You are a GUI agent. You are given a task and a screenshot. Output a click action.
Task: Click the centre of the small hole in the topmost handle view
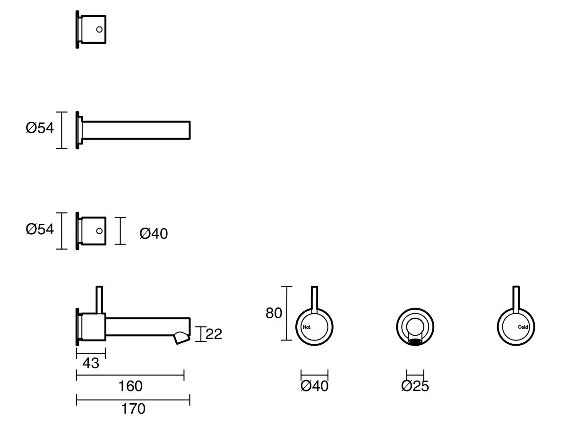click(x=99, y=29)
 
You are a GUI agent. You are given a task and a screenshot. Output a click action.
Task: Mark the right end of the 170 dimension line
click(x=189, y=400)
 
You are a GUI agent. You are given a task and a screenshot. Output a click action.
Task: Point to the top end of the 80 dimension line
click(x=287, y=287)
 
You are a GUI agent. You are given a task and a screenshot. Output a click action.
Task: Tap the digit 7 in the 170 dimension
click(x=133, y=409)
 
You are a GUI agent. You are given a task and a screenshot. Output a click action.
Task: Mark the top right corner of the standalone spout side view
click(x=190, y=121)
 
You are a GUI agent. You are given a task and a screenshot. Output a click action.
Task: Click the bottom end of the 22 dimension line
click(x=201, y=341)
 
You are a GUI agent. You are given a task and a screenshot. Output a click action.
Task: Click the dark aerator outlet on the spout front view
click(x=415, y=342)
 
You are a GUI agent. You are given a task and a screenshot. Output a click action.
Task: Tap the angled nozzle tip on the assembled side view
click(x=182, y=338)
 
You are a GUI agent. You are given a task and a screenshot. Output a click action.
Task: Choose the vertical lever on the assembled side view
click(x=99, y=300)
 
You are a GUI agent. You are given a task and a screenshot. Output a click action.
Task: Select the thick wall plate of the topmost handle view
click(x=77, y=29)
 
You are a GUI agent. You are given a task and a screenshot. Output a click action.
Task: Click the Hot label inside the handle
click(x=306, y=327)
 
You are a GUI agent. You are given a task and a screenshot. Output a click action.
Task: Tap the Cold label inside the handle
click(x=523, y=327)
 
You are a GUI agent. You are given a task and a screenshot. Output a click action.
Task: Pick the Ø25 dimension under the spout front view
click(x=415, y=386)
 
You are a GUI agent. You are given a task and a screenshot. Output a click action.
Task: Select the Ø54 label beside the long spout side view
click(x=40, y=128)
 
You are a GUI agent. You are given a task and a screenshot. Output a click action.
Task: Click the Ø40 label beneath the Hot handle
click(x=314, y=386)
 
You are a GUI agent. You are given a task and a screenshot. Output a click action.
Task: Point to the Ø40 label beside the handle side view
click(x=154, y=234)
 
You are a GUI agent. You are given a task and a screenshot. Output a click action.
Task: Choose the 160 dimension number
click(x=130, y=386)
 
